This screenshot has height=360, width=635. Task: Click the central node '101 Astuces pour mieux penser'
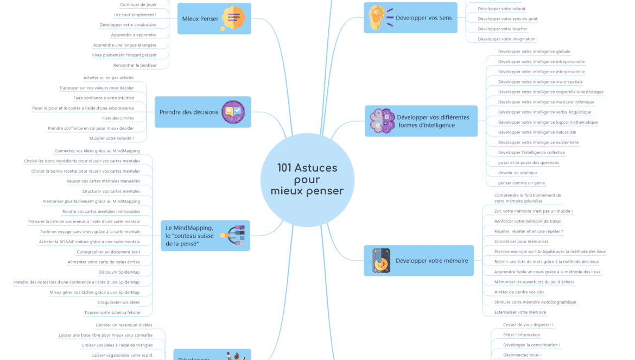(x=307, y=180)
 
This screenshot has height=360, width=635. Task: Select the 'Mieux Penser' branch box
(x=214, y=18)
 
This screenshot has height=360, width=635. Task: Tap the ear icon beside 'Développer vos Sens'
(x=378, y=17)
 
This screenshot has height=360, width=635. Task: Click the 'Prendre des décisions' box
(x=202, y=112)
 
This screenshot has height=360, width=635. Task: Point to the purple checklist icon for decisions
(x=233, y=112)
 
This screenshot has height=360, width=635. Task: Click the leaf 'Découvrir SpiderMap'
(x=119, y=272)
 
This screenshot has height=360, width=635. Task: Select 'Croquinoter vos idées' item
(x=118, y=302)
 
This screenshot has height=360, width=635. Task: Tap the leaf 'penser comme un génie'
(x=521, y=183)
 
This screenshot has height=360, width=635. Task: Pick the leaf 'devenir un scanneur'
(x=518, y=173)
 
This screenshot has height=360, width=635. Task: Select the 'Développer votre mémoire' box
(x=418, y=261)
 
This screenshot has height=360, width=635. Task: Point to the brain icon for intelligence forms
(x=383, y=121)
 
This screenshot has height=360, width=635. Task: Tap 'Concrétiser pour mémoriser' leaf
(x=521, y=242)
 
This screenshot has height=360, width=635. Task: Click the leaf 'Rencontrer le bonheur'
(x=135, y=66)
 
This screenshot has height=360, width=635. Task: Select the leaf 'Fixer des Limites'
(x=118, y=118)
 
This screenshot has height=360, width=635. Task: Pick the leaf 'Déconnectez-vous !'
(x=522, y=355)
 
